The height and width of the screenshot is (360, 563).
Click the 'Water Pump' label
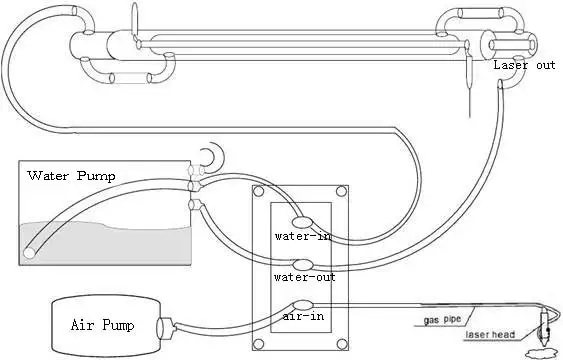tap(71, 176)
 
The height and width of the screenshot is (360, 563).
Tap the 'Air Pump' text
tap(102, 325)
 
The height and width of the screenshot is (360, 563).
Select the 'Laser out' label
tap(524, 65)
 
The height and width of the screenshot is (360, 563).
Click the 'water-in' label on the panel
tap(303, 236)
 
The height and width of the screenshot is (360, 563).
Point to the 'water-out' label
tap(304, 277)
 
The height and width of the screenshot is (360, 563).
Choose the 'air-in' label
tap(303, 316)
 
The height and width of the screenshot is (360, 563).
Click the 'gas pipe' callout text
tap(442, 320)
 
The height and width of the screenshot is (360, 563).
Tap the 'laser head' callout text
tap(490, 335)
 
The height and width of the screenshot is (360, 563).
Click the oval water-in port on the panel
tap(302, 222)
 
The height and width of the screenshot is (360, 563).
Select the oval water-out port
tap(304, 265)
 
